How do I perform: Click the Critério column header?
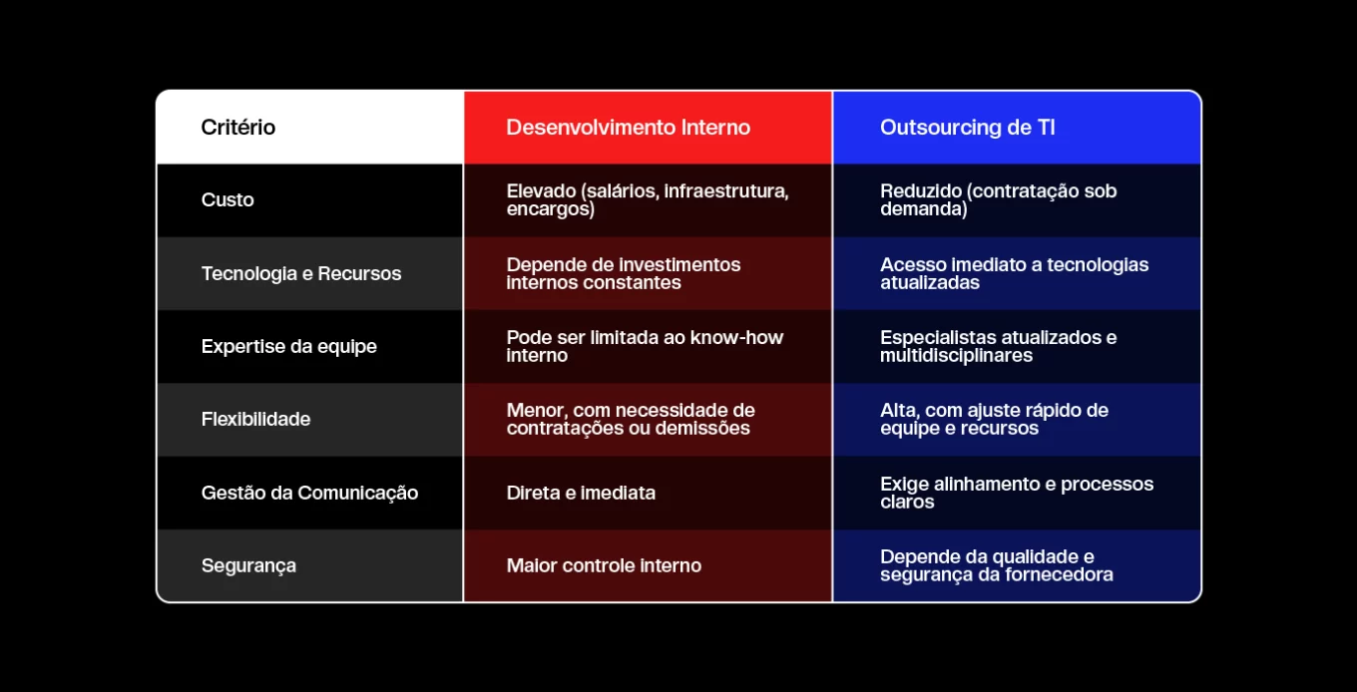(x=238, y=128)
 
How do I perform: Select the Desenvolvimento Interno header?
(x=629, y=128)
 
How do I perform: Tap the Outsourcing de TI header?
(x=968, y=128)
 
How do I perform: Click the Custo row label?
(x=227, y=199)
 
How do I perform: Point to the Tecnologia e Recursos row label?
(x=301, y=273)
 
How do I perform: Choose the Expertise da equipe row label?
(x=289, y=346)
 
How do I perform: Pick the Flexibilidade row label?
(x=255, y=419)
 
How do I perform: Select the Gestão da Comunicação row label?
(x=309, y=493)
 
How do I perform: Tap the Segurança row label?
(x=248, y=565)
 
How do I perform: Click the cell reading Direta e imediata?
(x=581, y=493)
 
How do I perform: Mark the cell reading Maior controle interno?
(x=604, y=565)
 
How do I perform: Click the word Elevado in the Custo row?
(x=541, y=190)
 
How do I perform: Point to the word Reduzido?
(x=921, y=190)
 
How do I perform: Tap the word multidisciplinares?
(x=956, y=355)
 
